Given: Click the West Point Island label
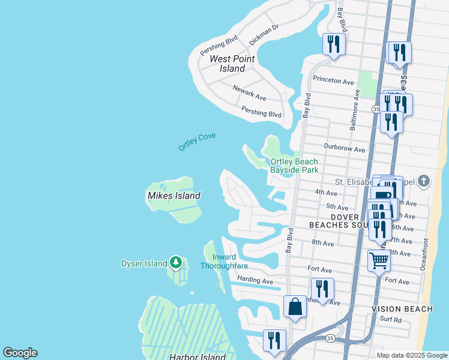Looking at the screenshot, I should (232, 64).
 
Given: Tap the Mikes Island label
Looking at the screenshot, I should (173, 196).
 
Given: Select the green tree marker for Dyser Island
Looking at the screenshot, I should (175, 262).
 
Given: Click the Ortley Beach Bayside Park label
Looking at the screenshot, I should (294, 166).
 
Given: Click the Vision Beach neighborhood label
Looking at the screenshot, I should (402, 309).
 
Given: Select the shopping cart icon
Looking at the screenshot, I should (379, 261).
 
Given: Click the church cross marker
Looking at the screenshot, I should (424, 181).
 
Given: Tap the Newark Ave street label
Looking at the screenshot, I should (249, 92).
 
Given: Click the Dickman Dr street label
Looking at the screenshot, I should (264, 35).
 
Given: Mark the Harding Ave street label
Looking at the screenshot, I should (255, 280).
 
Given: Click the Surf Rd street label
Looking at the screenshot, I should (390, 320).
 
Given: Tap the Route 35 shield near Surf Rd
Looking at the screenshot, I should (330, 338).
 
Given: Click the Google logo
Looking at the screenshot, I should (20, 353).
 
